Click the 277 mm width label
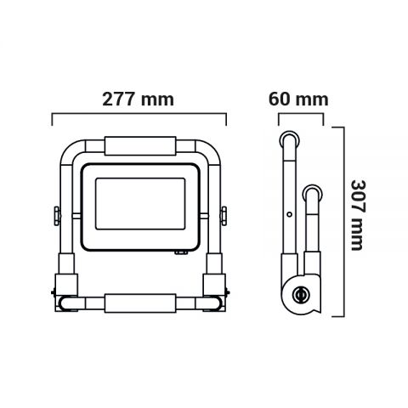[139, 99]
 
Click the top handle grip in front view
[142, 145]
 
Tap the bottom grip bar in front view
[141, 302]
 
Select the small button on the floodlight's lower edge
[181, 252]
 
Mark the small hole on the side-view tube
[290, 214]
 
